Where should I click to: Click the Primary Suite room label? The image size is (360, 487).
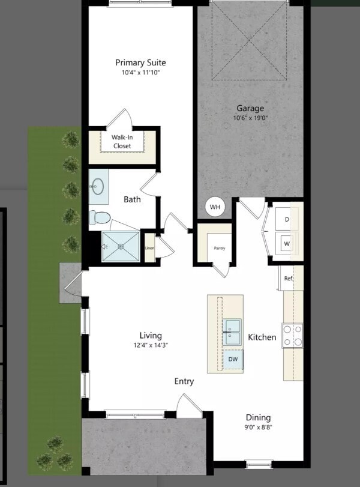coord(140,62)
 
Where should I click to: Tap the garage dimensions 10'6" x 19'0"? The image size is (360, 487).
coord(250,118)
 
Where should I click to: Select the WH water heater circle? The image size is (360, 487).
coord(215,208)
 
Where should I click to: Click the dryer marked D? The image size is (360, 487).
coord(287,220)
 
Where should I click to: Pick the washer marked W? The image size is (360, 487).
coord(287,244)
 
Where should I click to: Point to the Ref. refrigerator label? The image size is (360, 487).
coord(288,279)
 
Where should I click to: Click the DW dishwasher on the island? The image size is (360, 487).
coord(232,359)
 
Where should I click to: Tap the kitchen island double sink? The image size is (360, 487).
coord(232,332)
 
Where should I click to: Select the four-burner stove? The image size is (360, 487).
coord(293,336)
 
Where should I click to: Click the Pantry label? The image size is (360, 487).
coord(220,248)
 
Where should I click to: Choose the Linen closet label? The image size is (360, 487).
coord(149,248)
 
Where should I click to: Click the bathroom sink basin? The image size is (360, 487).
coord(98,187)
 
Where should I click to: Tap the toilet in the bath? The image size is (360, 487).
coord(100,216)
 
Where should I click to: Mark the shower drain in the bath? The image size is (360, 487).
coord(120,246)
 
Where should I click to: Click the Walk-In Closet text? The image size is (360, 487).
coord(122,141)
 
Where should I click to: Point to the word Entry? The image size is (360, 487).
coord(184,381)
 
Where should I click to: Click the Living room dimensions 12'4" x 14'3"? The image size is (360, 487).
coord(151,345)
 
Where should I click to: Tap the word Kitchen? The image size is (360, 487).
coord(262,337)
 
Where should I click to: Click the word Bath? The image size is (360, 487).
coord(132,199)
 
